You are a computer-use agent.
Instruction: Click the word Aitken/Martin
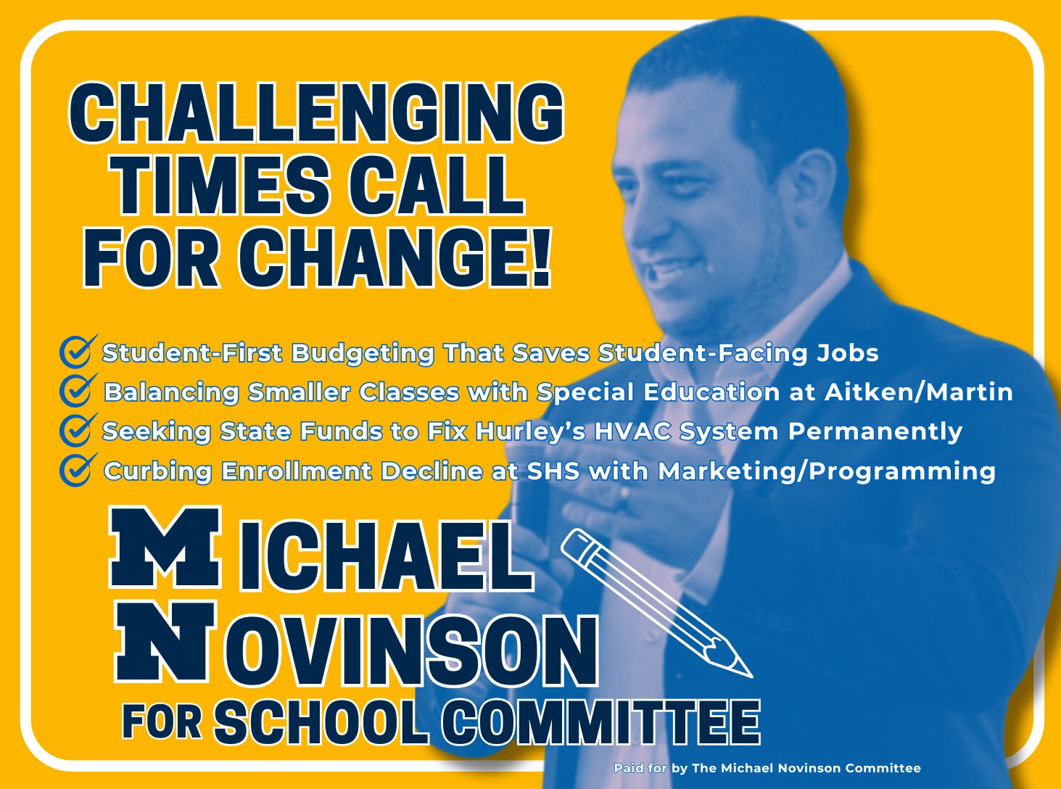(x=918, y=392)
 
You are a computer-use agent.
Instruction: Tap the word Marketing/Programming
(x=827, y=472)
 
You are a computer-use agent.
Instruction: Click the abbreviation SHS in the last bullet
(x=553, y=472)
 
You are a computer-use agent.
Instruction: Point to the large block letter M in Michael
(x=165, y=547)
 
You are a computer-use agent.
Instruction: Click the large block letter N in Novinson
(x=166, y=642)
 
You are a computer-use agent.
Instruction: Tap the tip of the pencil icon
(x=751, y=677)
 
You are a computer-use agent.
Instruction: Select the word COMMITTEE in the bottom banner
(x=605, y=722)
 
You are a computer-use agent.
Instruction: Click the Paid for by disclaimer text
(x=767, y=769)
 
